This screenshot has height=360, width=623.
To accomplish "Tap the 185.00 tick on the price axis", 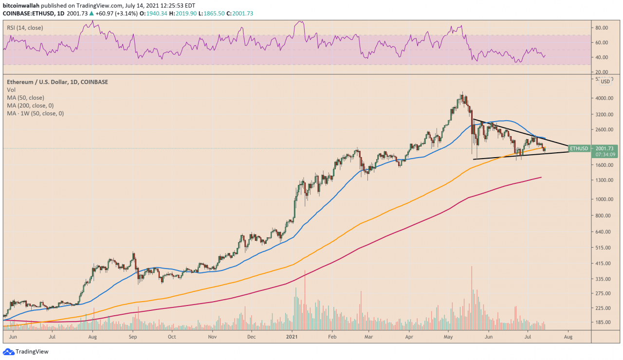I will tap(604, 322).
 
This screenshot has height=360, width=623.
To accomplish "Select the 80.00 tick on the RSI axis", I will tap(604, 28).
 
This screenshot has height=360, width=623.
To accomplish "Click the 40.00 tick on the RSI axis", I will tap(604, 57).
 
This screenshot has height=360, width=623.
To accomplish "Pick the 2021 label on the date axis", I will tap(292, 336).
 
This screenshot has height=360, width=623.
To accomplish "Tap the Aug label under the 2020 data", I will tap(92, 336).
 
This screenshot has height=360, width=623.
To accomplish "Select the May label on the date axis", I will tap(448, 336).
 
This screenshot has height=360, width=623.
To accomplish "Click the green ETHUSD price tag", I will tap(579, 148).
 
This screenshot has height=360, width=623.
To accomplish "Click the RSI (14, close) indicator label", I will tap(25, 28).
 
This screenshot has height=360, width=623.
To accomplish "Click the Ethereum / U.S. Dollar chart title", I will tap(57, 82).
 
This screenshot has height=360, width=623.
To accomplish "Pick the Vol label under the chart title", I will tap(11, 90).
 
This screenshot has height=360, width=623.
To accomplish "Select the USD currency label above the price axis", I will tap(605, 81).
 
